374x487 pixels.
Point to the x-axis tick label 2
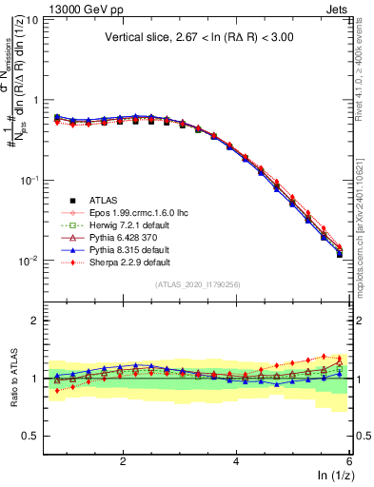(123, 459)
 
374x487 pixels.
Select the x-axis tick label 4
(236, 459)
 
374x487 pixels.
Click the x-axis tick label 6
(349, 459)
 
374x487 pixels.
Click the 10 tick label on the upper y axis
(31, 20)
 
